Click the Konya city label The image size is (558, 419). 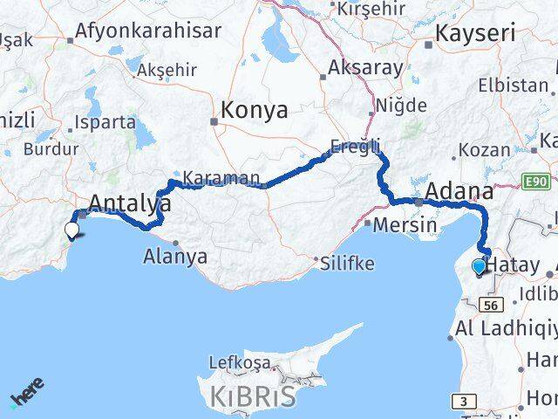click(x=255, y=111)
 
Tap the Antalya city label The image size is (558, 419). click(x=130, y=204)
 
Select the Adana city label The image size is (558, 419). click(x=459, y=193)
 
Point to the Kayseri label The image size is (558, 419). click(x=476, y=36)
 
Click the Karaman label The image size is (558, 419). click(x=221, y=178)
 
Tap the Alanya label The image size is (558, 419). click(x=176, y=257)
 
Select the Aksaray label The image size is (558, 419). click(x=366, y=68)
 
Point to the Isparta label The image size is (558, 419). click(x=105, y=122)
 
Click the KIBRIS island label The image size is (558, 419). click(x=253, y=395)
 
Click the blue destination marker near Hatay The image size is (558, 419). click(x=479, y=267)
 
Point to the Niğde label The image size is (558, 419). click(x=401, y=106)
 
